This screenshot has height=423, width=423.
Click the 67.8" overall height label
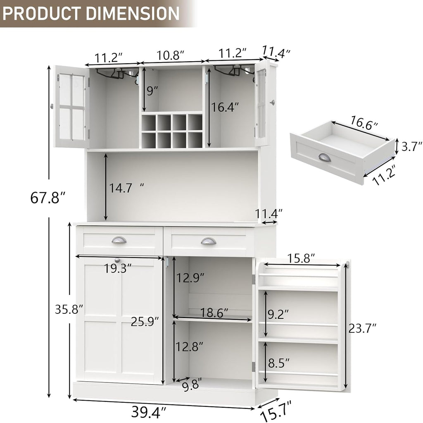coord(48,197)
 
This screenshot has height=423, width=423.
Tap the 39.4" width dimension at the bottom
coord(149,412)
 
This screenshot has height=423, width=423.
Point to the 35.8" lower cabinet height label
coord(69,309)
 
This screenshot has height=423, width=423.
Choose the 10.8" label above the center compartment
coord(170,55)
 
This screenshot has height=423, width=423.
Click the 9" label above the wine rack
coord(152,91)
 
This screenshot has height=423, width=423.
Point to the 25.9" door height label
coord(145,321)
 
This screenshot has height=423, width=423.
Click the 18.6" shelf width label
coord(214,313)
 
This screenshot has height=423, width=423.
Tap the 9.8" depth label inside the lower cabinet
coord(190,385)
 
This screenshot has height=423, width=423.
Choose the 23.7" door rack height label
coord(362,328)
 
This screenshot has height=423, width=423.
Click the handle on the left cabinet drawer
coord(119,240)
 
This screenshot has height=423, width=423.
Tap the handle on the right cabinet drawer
coord(208,241)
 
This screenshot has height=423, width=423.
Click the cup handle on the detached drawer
coord(324,158)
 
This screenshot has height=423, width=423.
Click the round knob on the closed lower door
coord(117,260)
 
